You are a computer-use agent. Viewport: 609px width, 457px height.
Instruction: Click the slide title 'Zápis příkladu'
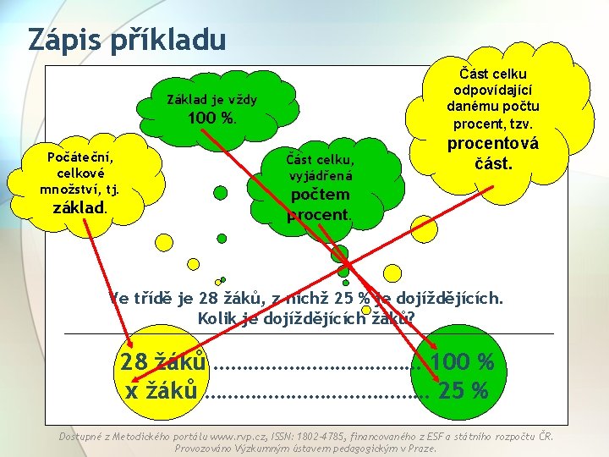[x=127, y=39]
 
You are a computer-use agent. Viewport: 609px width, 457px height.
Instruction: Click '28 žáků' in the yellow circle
[x=163, y=362]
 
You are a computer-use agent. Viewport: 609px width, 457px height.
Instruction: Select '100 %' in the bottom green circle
[x=462, y=362]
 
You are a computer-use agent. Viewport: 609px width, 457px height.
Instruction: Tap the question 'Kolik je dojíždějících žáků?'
[x=306, y=318]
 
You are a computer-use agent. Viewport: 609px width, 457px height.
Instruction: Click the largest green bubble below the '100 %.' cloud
[x=221, y=193]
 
